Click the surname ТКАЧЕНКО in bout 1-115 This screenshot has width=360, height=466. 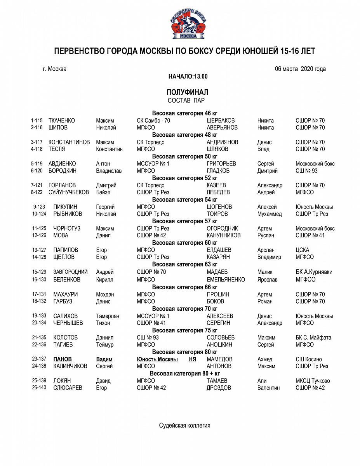[62, 121]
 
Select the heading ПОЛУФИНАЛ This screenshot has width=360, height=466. [187, 92]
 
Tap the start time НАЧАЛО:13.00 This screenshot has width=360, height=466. [188, 77]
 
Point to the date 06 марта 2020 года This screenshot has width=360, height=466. [300, 69]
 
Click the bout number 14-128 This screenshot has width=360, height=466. [39, 257]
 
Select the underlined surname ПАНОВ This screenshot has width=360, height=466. [63, 360]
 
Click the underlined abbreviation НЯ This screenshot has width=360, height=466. [193, 360]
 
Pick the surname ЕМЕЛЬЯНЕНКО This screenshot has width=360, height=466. [226, 280]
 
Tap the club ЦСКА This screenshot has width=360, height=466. [303, 250]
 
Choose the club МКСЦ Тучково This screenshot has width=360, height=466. [313, 381]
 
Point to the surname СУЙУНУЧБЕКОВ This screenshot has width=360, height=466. [69, 193]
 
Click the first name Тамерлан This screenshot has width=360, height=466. [108, 316]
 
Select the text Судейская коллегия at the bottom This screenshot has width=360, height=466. [184, 426]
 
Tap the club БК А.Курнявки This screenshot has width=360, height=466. [314, 272]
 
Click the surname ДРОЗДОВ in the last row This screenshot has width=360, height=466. [219, 388]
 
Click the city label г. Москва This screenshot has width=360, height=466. [54, 69]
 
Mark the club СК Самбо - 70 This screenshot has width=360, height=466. [153, 121]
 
